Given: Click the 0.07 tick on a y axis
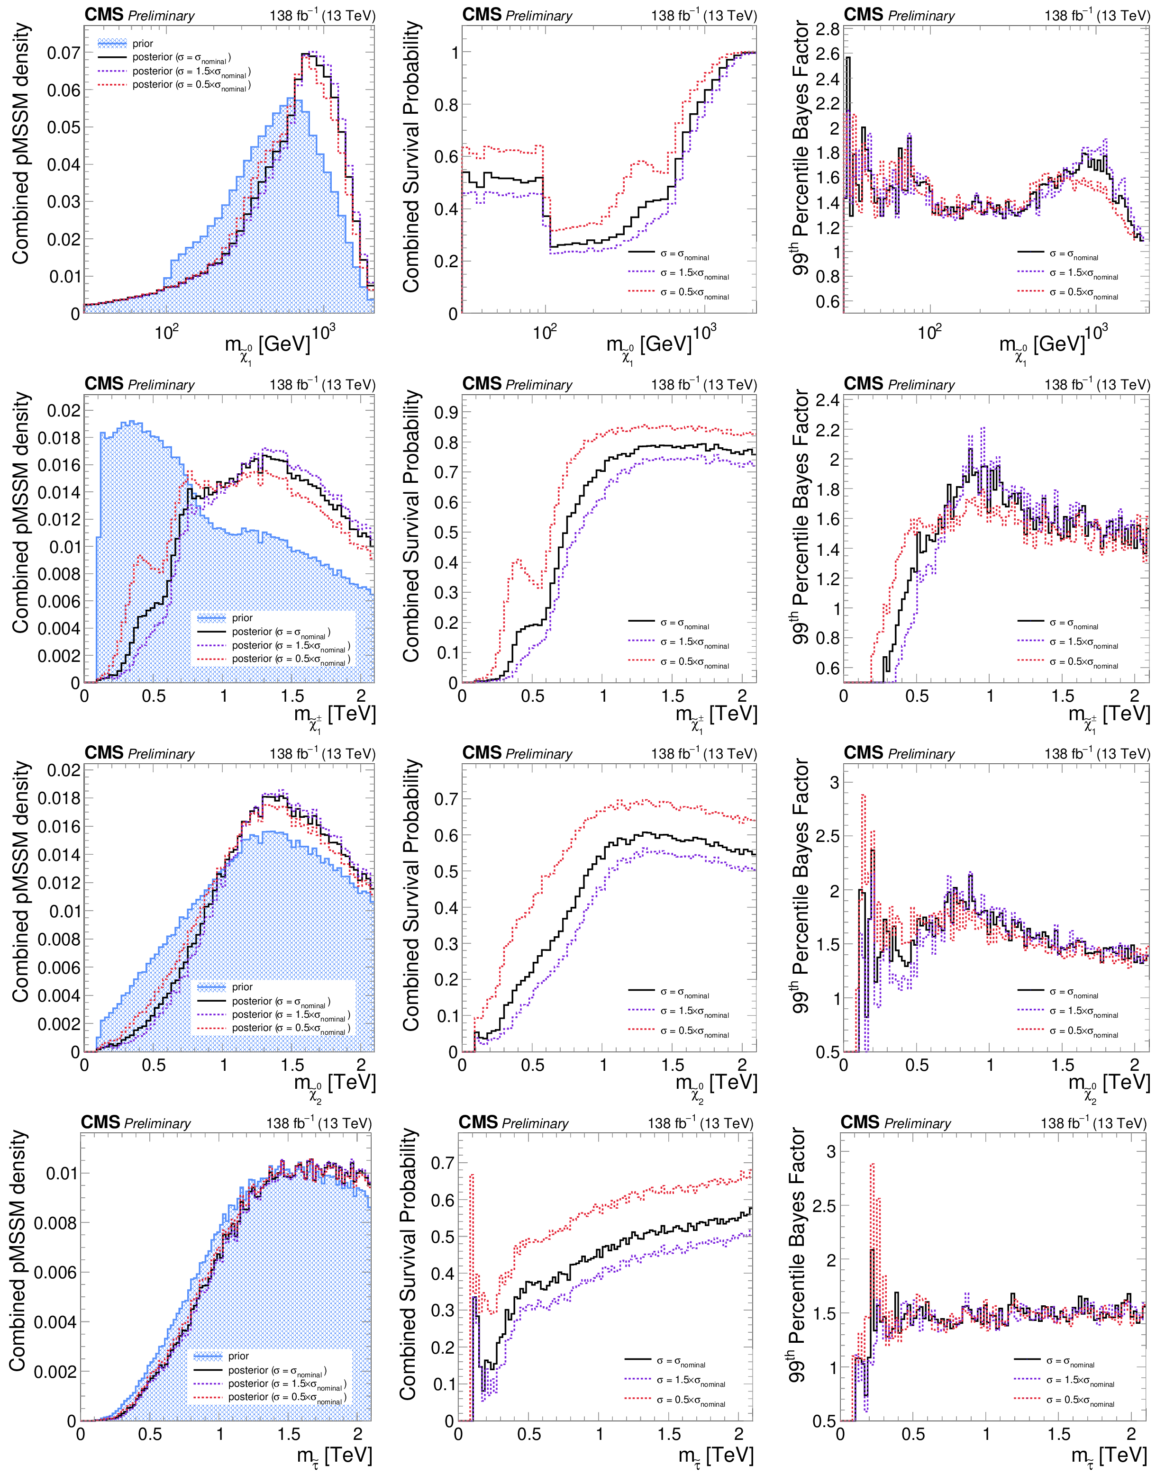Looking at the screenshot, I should (x=63, y=53).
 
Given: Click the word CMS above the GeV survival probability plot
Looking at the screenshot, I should (x=482, y=15).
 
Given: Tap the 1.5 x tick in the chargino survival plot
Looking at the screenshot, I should (x=673, y=696).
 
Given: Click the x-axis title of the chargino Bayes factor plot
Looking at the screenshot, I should (x=1109, y=716).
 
